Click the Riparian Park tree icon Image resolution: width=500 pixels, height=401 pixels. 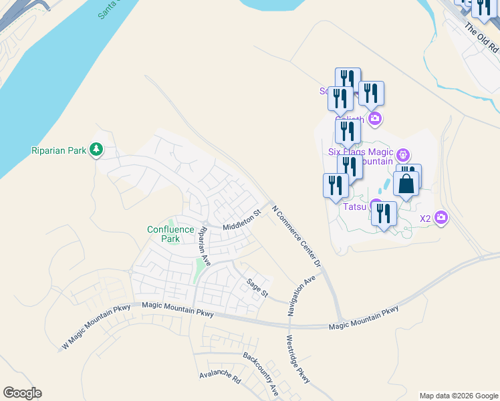97,150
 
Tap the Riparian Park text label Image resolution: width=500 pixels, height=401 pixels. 59,150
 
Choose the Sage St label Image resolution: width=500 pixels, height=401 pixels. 257,289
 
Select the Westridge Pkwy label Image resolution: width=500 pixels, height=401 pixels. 299,359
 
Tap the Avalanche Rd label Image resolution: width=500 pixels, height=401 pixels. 220,376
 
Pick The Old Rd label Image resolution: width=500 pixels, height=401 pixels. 481,39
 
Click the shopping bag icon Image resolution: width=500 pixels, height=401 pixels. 407,182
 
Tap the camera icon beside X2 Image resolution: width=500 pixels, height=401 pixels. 441,217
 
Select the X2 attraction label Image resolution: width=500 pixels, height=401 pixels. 425,219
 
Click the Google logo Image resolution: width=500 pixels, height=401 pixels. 22,393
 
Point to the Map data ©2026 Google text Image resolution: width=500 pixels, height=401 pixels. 459,396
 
